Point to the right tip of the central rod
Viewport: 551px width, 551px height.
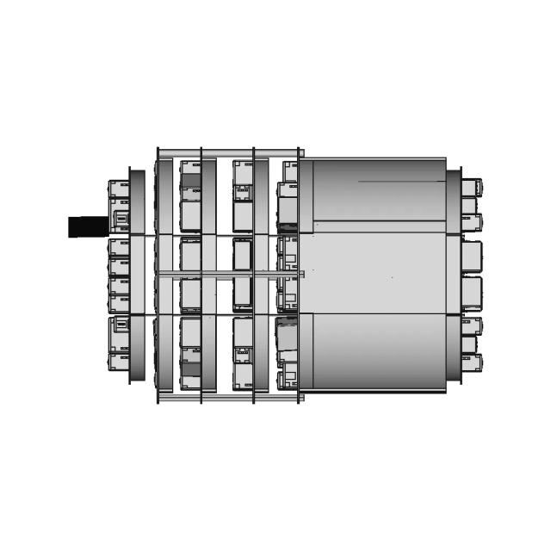pos(301,275)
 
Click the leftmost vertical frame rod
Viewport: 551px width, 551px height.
pos(158,275)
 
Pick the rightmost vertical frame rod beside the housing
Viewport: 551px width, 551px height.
pos(298,275)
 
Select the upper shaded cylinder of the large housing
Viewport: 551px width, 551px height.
pos(379,189)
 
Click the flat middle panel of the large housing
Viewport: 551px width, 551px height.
pos(379,271)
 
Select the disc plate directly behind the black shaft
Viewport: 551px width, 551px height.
pos(137,275)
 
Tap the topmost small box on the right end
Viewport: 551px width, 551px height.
pos(471,187)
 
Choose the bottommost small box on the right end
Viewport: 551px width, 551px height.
pos(471,362)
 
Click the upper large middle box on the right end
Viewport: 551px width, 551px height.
pos(471,256)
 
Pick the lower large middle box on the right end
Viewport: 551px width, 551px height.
pos(471,294)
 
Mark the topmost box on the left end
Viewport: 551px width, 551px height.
pos(118,189)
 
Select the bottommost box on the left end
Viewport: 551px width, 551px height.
pos(118,362)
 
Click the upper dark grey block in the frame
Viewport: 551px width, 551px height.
pos(190,181)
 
